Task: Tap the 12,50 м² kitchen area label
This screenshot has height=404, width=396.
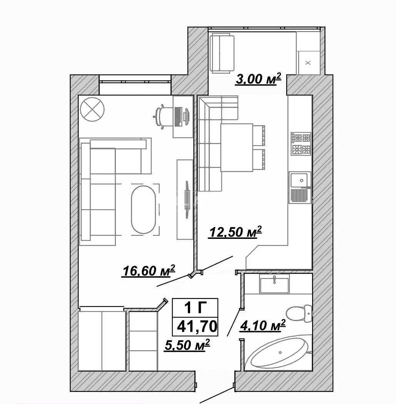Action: [x=235, y=232]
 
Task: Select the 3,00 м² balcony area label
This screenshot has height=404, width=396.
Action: [x=258, y=79]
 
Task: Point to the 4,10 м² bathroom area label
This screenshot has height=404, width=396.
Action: [x=262, y=325]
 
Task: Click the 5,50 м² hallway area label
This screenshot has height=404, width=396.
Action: [x=187, y=345]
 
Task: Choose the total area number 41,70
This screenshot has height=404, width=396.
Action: [x=197, y=326]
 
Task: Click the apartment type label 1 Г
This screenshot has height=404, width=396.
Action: [x=195, y=307]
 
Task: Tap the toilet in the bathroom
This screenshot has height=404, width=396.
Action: [x=299, y=313]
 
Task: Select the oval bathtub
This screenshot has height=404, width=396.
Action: [x=280, y=352]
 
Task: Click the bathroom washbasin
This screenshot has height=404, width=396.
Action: [x=274, y=284]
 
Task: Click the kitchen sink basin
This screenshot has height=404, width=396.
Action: [x=299, y=180]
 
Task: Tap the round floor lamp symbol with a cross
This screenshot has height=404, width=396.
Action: [x=92, y=109]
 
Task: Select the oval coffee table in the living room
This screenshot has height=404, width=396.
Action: [x=143, y=209]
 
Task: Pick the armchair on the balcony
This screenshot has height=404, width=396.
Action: [x=222, y=54]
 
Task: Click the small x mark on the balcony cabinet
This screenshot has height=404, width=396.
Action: [x=308, y=63]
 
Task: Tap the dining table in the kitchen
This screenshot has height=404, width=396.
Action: [x=237, y=147]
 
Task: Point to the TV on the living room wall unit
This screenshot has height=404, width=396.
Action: [x=187, y=200]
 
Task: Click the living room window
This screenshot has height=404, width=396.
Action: [x=135, y=82]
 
